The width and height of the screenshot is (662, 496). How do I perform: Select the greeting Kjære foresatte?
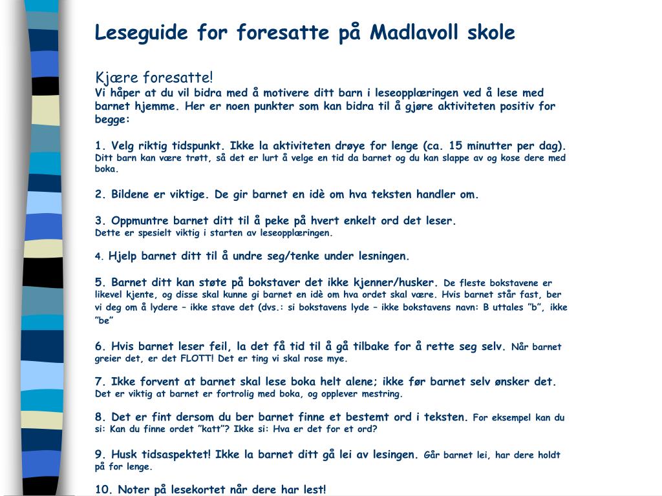(x=154, y=78)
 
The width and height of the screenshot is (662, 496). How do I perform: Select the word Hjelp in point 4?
(x=123, y=256)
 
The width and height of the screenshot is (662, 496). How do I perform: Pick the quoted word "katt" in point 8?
(x=199, y=429)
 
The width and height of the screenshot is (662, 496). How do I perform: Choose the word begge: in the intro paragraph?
(x=112, y=119)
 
